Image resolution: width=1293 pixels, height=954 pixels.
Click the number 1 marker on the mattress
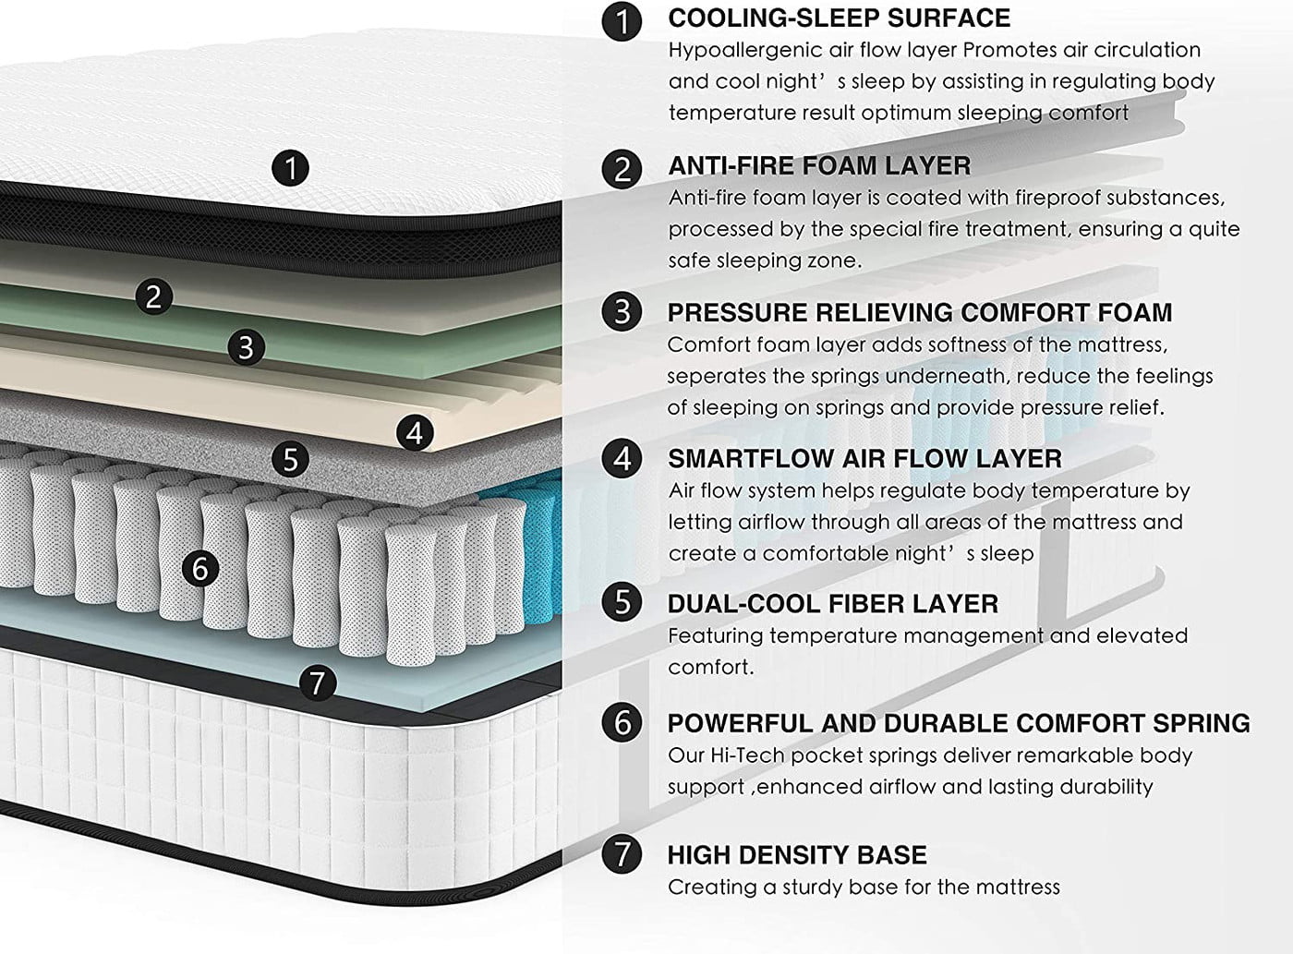291,168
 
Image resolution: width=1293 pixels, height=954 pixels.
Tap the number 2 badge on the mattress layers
153,296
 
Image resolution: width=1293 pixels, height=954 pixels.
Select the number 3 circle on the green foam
245,347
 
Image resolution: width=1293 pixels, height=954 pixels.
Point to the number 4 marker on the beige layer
414,432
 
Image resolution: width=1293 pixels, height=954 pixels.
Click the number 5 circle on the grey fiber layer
291,458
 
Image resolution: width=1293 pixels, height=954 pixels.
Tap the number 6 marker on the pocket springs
200,568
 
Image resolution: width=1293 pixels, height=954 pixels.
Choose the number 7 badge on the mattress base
318,682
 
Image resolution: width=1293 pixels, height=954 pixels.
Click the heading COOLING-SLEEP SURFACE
839,18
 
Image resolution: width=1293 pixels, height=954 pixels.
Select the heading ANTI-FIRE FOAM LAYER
819,166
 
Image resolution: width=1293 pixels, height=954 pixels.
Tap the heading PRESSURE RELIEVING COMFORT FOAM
919,312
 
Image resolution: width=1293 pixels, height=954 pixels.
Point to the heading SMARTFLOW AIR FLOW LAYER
864,458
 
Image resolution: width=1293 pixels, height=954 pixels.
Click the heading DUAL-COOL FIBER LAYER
832,604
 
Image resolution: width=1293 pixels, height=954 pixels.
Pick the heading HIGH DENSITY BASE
797,854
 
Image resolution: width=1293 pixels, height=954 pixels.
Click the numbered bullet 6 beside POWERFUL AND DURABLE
622,721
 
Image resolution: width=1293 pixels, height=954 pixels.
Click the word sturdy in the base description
817,888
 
